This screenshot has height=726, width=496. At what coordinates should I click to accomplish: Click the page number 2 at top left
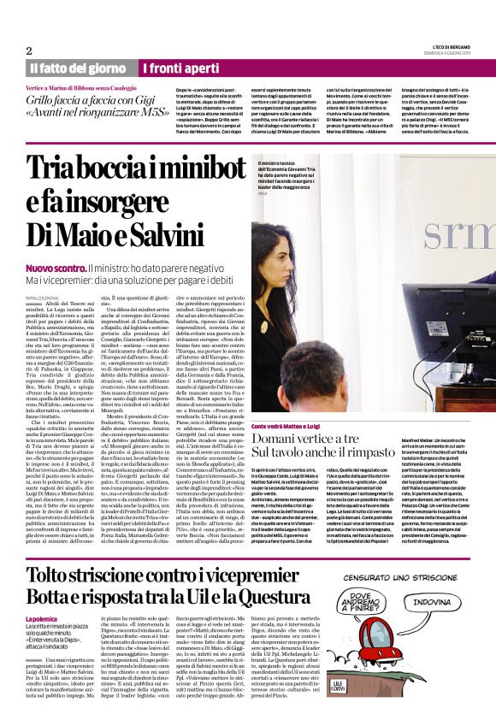coord(29,50)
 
